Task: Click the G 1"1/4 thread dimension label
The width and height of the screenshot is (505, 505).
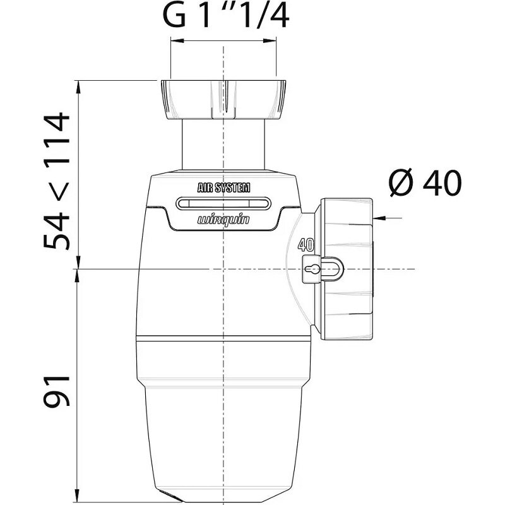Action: [x=226, y=16]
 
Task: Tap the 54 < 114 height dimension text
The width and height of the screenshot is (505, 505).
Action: [x=57, y=181]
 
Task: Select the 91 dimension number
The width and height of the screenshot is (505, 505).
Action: [x=57, y=391]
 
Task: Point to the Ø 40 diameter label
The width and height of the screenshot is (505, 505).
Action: [x=425, y=183]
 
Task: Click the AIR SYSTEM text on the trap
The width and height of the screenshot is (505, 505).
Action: [x=223, y=187]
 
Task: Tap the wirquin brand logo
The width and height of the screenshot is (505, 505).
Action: [x=223, y=220]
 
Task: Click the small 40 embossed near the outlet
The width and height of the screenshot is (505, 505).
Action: [x=306, y=245]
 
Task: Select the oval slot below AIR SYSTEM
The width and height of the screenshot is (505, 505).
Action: [x=223, y=203]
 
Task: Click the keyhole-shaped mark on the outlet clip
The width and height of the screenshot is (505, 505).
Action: [x=311, y=269]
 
